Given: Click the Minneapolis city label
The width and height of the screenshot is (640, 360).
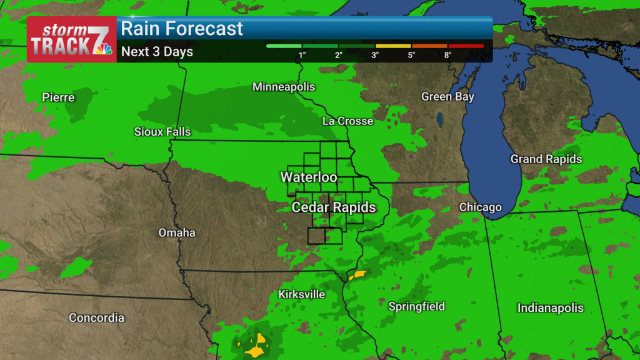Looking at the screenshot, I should (284, 87).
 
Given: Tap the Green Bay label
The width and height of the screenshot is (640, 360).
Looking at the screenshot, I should (447, 97).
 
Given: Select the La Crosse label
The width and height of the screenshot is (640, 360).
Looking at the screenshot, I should (347, 121).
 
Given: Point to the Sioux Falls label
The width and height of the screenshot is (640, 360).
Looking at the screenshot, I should (162, 132).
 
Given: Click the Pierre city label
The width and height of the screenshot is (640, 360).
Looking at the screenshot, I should (58, 97).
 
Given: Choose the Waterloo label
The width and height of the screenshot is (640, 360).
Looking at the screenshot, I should (309, 177).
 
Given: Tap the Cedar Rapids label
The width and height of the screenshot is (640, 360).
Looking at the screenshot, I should (334, 207).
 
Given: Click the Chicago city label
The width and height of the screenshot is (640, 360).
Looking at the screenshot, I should (480, 207).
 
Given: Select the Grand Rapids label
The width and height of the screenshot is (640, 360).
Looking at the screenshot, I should (546, 159).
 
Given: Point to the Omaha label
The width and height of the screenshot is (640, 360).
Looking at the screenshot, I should (177, 233).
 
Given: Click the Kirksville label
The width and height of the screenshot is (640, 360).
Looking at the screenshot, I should (302, 294).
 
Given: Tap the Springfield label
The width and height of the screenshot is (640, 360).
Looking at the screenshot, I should (417, 306).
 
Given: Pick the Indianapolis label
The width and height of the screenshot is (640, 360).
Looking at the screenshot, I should (550, 308).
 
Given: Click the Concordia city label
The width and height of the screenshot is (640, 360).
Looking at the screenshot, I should (96, 318).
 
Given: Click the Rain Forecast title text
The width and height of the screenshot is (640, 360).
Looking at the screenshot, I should (182, 29).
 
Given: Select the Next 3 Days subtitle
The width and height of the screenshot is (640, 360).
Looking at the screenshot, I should (157, 52).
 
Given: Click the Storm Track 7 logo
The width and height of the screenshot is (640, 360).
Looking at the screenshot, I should (71, 39).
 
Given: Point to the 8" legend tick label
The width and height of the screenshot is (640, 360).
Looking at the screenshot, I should (447, 55).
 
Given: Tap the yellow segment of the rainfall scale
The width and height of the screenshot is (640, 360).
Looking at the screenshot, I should (393, 46).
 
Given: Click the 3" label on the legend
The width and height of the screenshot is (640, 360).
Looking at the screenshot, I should (375, 55).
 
